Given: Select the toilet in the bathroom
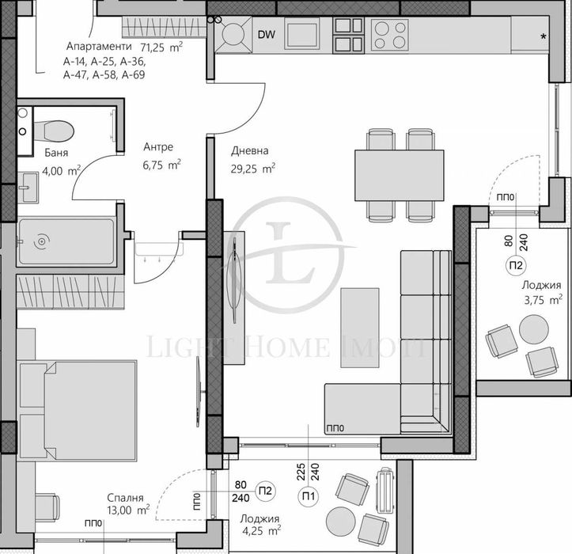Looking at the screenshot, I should coord(55,128).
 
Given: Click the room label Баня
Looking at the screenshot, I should coord(34,154).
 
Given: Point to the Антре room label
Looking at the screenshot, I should coord(158,147).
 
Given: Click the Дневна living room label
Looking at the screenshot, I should coord(250,150).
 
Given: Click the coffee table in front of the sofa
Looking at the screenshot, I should coord(360,327).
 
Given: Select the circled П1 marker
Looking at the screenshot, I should coord(307,495).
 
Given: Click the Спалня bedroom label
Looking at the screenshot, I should coord(127,498).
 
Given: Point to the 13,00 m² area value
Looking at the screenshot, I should coord(128,511).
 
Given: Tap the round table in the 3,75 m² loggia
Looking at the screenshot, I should coord(533,329).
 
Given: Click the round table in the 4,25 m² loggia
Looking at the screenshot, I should coord(343,520).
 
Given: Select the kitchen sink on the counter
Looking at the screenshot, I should coord(301,33).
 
